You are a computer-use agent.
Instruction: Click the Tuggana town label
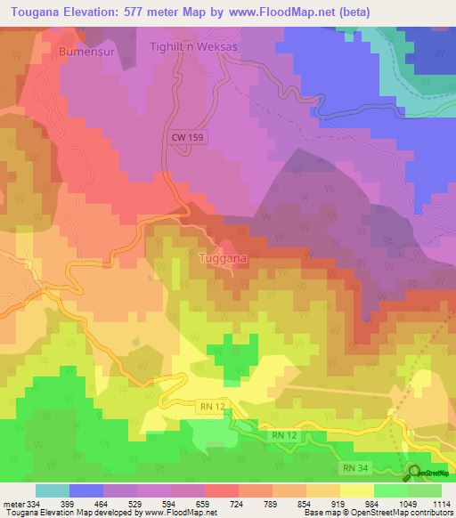pyautogui.click(x=222, y=258)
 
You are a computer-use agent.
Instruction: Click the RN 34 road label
pyautogui.click(x=355, y=466)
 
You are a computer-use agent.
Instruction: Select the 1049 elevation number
pyautogui.click(x=409, y=504)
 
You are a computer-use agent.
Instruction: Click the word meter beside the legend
pyautogui.click(x=11, y=504)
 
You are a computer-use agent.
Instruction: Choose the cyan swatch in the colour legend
pyautogui.click(x=52, y=490)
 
